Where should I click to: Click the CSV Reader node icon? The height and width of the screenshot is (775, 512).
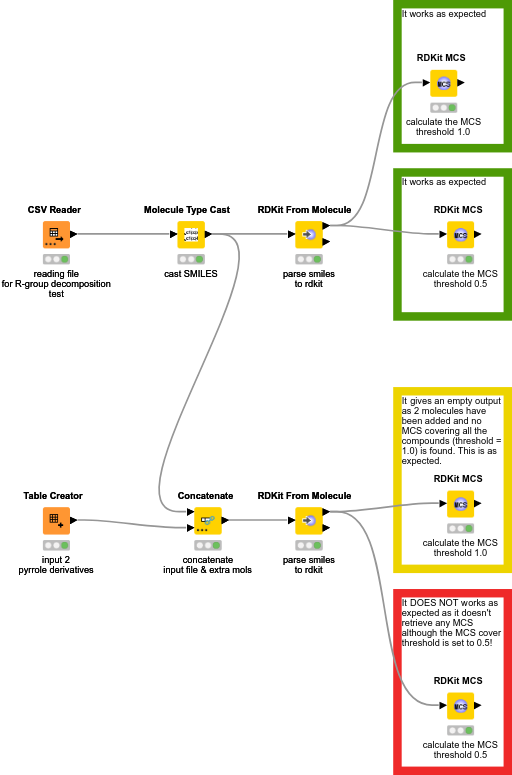click(x=56, y=235)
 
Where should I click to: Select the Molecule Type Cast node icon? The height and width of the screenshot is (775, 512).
click(x=190, y=235)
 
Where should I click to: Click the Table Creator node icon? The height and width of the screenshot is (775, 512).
click(x=56, y=520)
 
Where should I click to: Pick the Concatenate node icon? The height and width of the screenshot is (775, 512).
click(x=205, y=520)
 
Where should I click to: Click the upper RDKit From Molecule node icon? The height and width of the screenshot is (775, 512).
click(x=308, y=235)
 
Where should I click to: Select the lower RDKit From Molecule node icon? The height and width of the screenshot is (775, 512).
click(x=308, y=520)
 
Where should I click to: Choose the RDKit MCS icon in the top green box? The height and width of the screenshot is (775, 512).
click(x=443, y=83)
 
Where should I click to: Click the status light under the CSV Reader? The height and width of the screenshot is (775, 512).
click(x=56, y=259)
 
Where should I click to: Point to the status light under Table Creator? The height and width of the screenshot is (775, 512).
click(x=56, y=545)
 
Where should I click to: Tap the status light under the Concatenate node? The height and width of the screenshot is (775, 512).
click(x=205, y=545)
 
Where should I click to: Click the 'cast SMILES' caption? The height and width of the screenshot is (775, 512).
click(x=190, y=273)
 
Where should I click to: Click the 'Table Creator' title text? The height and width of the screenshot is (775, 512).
click(x=53, y=495)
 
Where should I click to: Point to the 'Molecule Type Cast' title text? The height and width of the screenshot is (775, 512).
click(x=186, y=210)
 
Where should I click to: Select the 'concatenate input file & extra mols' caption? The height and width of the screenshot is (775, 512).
click(x=207, y=564)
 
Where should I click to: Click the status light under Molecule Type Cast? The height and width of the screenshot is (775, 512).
click(x=190, y=259)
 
